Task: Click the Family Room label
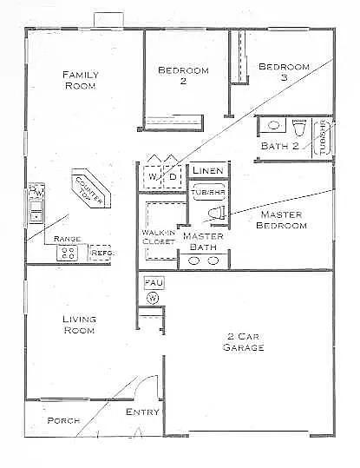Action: [80, 80]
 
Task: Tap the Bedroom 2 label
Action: [183, 76]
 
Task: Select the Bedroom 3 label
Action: [284, 71]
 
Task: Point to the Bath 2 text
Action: [279, 145]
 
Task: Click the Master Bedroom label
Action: [282, 220]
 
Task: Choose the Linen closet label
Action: [207, 169]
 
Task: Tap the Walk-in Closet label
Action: [157, 236]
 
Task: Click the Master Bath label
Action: [203, 241]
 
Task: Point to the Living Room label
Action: [79, 324]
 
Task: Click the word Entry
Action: [142, 412]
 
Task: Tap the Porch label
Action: [63, 420]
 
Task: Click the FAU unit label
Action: [152, 283]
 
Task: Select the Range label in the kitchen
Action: [67, 239]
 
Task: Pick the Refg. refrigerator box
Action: [101, 253]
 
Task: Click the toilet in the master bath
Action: [217, 211]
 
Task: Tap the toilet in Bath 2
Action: [299, 130]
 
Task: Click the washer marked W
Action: [153, 177]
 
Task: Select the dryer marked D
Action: [172, 177]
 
